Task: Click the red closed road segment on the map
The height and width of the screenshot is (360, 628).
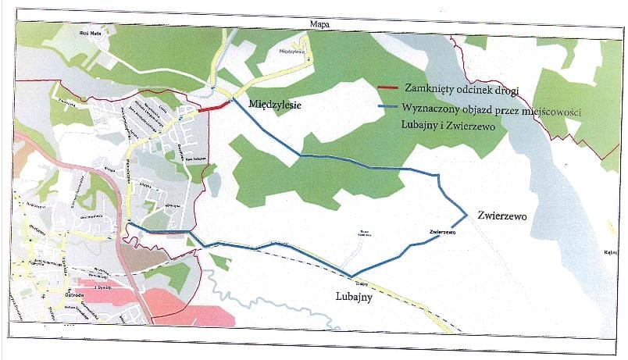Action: [x=213, y=108]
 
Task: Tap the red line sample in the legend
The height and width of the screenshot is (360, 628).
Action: [x=387, y=88]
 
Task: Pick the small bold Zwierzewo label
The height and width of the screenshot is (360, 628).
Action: [x=442, y=232]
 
